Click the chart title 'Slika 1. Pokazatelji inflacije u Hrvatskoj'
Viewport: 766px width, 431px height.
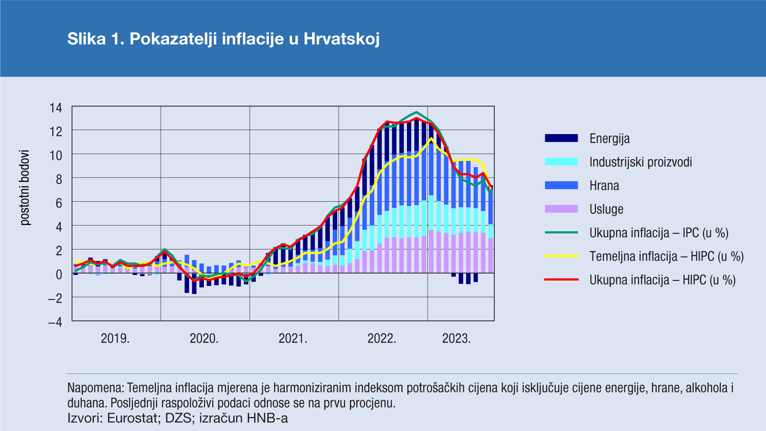[223, 39]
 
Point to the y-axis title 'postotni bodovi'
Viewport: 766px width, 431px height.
[25, 188]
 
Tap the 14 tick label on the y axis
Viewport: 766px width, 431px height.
[55, 108]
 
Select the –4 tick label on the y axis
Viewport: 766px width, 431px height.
[55, 322]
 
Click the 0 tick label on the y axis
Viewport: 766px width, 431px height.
[59, 275]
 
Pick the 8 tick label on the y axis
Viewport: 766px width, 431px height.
[59, 179]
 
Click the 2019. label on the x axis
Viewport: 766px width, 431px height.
[115, 338]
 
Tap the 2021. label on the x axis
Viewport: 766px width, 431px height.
[293, 338]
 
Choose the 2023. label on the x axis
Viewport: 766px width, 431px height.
[456, 338]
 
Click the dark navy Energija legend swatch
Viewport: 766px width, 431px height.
[561, 138]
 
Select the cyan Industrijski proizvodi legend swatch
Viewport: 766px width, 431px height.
[561, 162]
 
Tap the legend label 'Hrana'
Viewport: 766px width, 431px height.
[604, 186]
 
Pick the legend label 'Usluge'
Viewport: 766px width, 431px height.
[606, 209]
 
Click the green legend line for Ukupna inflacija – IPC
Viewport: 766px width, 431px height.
[561, 233]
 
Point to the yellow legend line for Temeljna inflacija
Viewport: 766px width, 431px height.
[561, 256]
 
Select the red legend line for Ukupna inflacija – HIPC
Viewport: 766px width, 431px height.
[561, 280]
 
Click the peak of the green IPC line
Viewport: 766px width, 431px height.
[417, 112]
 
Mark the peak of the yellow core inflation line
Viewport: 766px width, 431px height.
[431, 138]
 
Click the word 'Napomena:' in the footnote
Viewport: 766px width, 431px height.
[96, 388]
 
